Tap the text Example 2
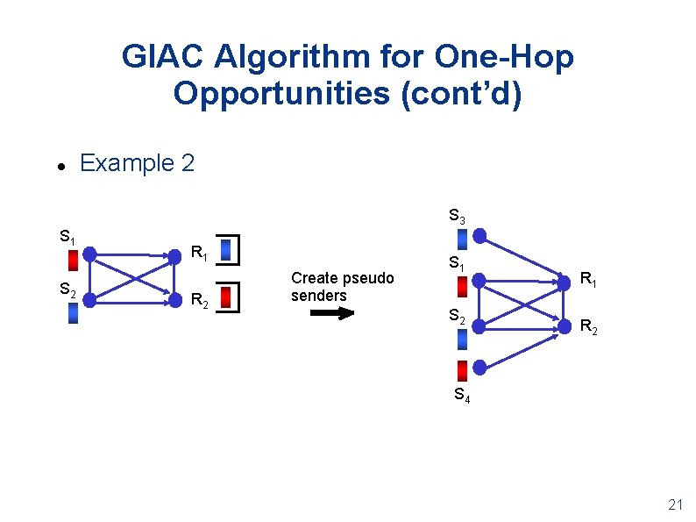click(x=137, y=163)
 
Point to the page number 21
click(x=675, y=504)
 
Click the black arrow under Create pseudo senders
click(x=332, y=313)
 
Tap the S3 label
click(x=457, y=215)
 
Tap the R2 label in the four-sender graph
click(x=589, y=327)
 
